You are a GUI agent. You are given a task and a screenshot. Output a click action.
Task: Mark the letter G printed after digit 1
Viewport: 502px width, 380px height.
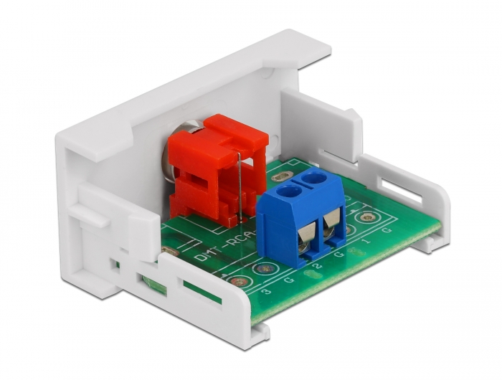point(388,231)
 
